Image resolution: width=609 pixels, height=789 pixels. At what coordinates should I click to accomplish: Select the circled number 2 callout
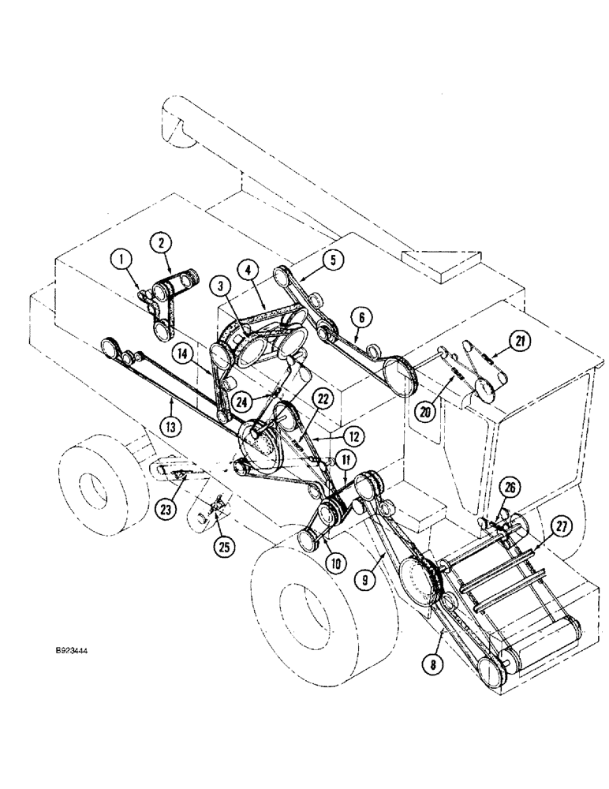click(163, 242)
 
